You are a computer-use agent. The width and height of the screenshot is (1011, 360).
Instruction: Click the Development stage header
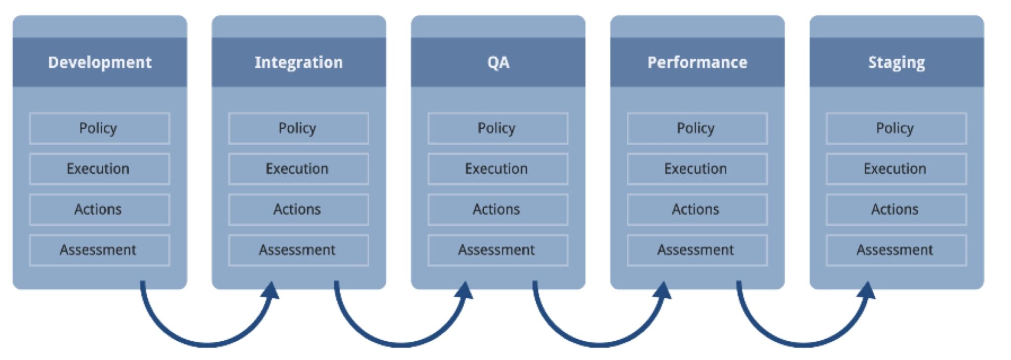(x=100, y=62)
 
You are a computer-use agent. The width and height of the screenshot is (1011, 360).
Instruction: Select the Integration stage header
(x=299, y=62)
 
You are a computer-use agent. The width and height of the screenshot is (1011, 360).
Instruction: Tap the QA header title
(x=498, y=62)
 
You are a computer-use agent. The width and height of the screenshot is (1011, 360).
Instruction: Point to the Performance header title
(x=697, y=62)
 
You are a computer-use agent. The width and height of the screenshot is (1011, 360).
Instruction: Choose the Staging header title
(x=896, y=62)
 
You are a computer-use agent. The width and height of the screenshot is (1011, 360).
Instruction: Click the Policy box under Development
(x=99, y=128)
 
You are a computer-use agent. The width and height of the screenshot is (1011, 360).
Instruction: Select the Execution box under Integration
(x=298, y=169)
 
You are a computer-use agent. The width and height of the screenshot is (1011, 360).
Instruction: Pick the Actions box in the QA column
(x=498, y=209)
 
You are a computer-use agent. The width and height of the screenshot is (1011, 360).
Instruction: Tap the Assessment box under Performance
(x=697, y=250)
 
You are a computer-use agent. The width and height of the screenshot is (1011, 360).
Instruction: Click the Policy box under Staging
(x=896, y=128)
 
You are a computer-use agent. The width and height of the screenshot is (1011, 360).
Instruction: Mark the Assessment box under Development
(x=99, y=250)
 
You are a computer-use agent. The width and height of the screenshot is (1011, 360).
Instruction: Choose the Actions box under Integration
(x=298, y=209)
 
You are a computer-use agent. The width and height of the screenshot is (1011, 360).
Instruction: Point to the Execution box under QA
(x=498, y=169)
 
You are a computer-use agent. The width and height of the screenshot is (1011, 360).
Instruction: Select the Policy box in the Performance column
(x=697, y=128)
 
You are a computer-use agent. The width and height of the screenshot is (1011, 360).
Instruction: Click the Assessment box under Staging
(x=896, y=250)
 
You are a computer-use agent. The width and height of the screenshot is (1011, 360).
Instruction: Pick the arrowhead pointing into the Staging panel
(x=867, y=291)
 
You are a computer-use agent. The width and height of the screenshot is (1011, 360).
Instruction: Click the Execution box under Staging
(x=896, y=169)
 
